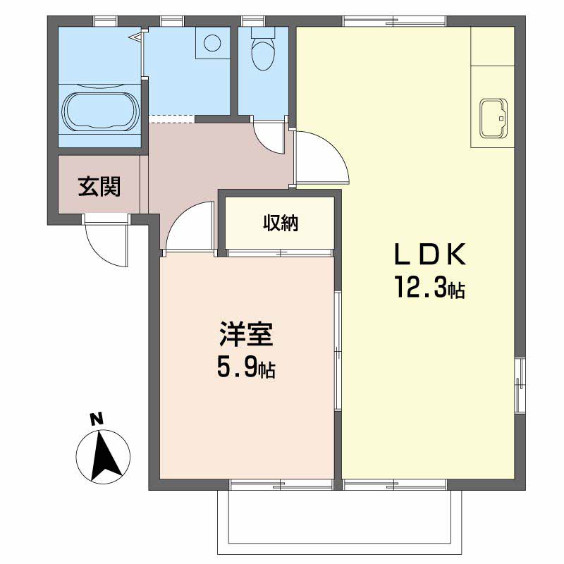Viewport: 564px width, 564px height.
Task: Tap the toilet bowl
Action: (x=263, y=54)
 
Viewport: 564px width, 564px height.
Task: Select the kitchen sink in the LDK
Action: (x=493, y=118)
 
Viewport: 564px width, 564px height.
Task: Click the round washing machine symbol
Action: (x=212, y=43)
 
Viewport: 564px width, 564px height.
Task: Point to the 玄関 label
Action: (x=99, y=187)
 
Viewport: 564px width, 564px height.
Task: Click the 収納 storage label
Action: (x=281, y=223)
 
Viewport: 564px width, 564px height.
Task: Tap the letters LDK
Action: (x=430, y=255)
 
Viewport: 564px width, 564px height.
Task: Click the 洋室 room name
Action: (x=246, y=334)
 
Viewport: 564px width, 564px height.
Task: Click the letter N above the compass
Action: (x=97, y=419)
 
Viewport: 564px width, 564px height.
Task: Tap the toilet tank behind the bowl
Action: (x=263, y=32)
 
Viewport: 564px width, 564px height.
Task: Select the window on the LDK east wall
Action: (x=520, y=386)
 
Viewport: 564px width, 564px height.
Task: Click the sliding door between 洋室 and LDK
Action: (x=338, y=350)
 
